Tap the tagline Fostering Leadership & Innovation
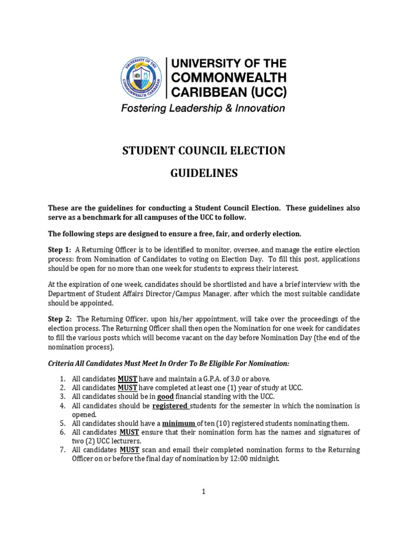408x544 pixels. [202, 108]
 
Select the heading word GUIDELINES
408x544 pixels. [204, 174]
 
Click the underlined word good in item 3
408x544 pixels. [165, 396]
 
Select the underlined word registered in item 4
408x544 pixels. [171, 406]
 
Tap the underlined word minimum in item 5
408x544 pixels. [179, 423]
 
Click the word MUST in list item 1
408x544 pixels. [127, 379]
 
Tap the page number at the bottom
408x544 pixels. [203, 492]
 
